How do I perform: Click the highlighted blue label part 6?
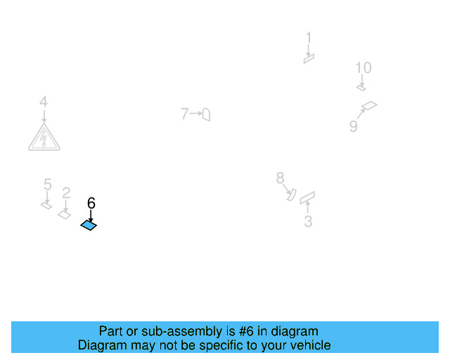[89, 225]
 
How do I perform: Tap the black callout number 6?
[91, 203]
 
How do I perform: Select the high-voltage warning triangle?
[44, 138]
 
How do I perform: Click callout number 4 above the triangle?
[44, 103]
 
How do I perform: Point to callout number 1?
[308, 38]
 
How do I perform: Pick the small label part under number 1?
[309, 59]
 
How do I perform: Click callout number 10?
[363, 68]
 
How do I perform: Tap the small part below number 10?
[361, 88]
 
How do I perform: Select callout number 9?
[354, 126]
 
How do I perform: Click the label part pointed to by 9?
[369, 106]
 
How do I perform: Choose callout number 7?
[184, 113]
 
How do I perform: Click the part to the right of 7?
[206, 114]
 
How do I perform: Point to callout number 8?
[280, 178]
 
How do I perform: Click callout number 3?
[308, 222]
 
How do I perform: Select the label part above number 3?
[307, 198]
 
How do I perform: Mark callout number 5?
[47, 185]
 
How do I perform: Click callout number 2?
[66, 193]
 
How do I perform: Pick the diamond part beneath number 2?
[65, 214]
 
